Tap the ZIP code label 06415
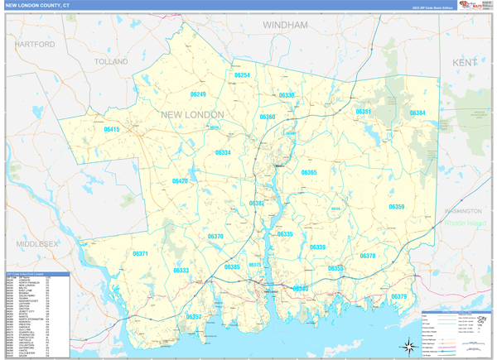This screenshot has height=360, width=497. click(x=112, y=130)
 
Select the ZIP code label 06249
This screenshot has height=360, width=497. click(x=197, y=95)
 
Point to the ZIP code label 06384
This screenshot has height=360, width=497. click(x=417, y=113)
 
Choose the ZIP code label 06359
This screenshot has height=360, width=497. click(x=397, y=207)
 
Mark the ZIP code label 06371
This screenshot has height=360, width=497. click(x=140, y=254)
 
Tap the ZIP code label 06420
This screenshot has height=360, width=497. click(x=180, y=180)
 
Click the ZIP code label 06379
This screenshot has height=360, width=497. click(x=399, y=296)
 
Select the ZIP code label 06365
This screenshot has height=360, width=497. click(x=309, y=172)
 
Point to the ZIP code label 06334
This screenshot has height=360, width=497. click(x=223, y=152)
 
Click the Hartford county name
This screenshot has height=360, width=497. click(x=34, y=43)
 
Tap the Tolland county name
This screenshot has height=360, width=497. click(x=111, y=62)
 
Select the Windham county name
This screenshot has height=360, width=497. click(x=285, y=26)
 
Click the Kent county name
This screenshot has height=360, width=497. click(x=465, y=63)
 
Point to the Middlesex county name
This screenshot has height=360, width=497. click(x=36, y=244)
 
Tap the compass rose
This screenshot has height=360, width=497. click(x=408, y=346)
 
